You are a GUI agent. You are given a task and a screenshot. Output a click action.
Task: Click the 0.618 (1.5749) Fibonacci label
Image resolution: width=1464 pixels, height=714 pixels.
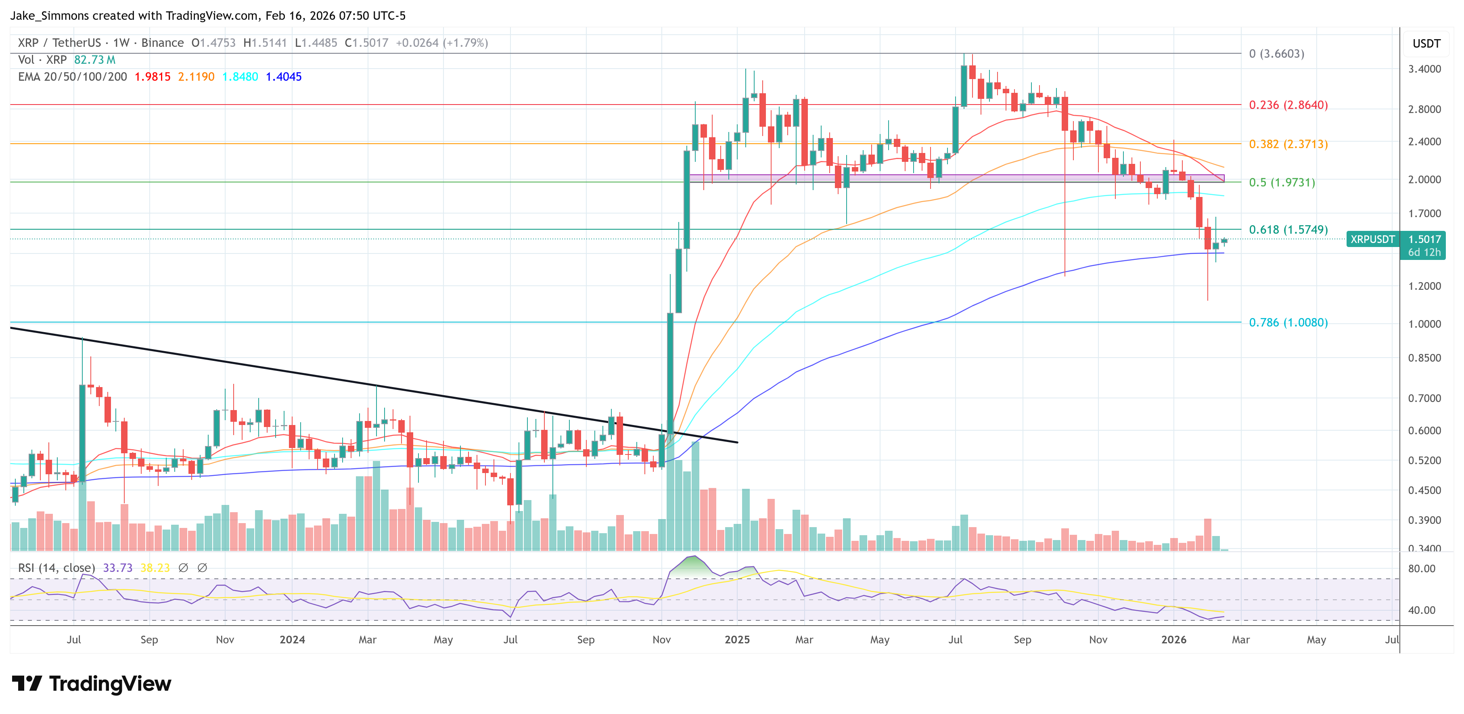pyautogui.click(x=1288, y=230)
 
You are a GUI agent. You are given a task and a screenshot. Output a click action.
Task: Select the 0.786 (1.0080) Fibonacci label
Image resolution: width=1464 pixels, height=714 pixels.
pyautogui.click(x=1288, y=322)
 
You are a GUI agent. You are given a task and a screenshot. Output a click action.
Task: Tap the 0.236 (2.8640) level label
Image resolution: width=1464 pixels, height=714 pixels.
pyautogui.click(x=1288, y=105)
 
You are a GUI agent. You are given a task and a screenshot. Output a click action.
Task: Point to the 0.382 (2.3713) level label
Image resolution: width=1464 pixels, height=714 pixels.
pyautogui.click(x=1288, y=144)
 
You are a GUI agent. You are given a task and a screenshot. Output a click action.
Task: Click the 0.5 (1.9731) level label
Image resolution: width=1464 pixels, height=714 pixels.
pyautogui.click(x=1282, y=182)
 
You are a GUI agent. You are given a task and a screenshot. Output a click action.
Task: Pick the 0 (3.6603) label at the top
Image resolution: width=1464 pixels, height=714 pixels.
pyautogui.click(x=1276, y=53)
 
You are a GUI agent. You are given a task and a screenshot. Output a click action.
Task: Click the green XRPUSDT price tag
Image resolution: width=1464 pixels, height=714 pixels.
pyautogui.click(x=1372, y=239)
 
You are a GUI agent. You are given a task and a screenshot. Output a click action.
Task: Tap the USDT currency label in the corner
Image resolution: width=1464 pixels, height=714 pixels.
pyautogui.click(x=1426, y=44)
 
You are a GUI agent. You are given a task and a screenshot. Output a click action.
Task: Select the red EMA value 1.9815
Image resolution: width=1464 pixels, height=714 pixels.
pyautogui.click(x=152, y=77)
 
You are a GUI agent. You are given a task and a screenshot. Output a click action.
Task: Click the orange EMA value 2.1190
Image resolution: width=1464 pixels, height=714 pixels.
pyautogui.click(x=196, y=77)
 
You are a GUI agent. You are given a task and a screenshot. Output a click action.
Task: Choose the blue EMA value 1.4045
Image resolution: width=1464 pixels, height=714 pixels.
pyautogui.click(x=284, y=77)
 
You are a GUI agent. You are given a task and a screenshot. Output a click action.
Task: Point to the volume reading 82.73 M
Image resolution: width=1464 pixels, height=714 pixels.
pyautogui.click(x=94, y=60)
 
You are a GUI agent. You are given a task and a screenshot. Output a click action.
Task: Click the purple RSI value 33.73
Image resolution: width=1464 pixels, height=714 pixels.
pyautogui.click(x=118, y=568)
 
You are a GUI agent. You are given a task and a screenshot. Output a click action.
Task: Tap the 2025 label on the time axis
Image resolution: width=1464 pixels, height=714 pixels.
pyautogui.click(x=737, y=639)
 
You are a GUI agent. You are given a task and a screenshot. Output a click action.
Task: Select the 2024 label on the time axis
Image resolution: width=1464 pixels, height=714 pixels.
pyautogui.click(x=292, y=639)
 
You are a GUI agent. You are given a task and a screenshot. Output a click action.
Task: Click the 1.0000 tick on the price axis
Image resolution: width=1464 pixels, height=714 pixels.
pyautogui.click(x=1424, y=324)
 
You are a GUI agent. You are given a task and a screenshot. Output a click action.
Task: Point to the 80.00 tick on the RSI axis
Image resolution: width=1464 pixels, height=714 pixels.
pyautogui.click(x=1421, y=568)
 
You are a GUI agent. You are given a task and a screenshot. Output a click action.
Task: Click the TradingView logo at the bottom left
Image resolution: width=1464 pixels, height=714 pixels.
pyautogui.click(x=91, y=683)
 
